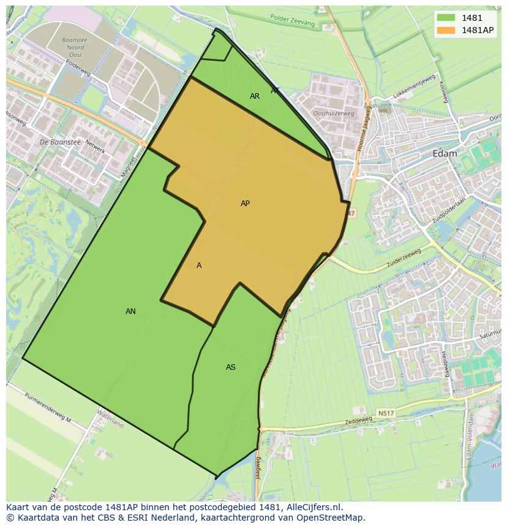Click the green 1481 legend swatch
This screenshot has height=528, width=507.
(446, 18)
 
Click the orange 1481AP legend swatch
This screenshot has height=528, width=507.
(446, 30)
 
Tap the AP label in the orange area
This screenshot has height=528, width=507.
(245, 204)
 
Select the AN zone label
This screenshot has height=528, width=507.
(130, 312)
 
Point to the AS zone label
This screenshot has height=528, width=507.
(230, 367)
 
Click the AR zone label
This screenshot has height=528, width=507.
(255, 96)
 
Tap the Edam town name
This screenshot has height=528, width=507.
(445, 154)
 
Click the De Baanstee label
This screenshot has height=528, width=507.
(60, 142)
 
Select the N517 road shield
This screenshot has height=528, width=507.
(386, 413)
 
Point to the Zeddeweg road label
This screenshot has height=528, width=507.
(358, 422)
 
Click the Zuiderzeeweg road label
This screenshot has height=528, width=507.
(404, 258)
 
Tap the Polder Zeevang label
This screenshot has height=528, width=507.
(292, 20)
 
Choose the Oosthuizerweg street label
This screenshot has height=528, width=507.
(333, 113)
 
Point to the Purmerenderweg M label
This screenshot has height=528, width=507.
(48, 407)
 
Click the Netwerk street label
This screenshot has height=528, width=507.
(96, 147)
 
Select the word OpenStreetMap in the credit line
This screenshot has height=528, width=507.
(331, 518)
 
